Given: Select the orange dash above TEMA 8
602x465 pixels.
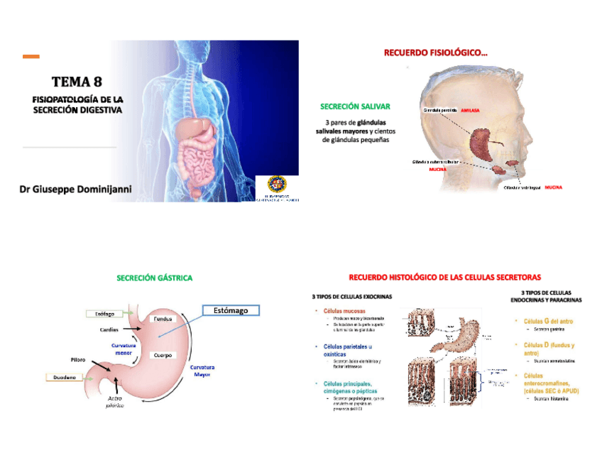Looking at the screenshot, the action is pyautogui.click(x=31, y=56).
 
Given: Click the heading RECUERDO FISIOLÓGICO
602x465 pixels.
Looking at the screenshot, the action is pyautogui.click(x=435, y=52).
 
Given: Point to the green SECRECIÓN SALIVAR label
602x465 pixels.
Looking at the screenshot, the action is pyautogui.click(x=355, y=106).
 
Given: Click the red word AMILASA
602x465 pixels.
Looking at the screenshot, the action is pyautogui.click(x=470, y=111).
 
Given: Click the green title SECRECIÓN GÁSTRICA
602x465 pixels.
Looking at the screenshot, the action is pyautogui.click(x=154, y=278).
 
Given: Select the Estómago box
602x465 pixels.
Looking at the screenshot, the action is pyautogui.click(x=231, y=310).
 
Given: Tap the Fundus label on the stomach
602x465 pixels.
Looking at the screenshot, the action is pyautogui.click(x=164, y=319).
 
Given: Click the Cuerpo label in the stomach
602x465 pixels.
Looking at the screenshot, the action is pyautogui.click(x=163, y=354).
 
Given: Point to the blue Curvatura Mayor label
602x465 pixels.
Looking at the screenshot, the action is pyautogui.click(x=202, y=371).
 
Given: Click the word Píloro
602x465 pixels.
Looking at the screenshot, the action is pyautogui.click(x=78, y=360).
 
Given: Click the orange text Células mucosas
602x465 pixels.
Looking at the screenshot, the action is pyautogui.click(x=345, y=311).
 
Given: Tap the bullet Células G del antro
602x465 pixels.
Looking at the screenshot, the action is pyautogui.click(x=548, y=322).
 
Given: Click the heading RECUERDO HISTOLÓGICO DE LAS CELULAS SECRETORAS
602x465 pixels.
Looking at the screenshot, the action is pyautogui.click(x=445, y=277).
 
